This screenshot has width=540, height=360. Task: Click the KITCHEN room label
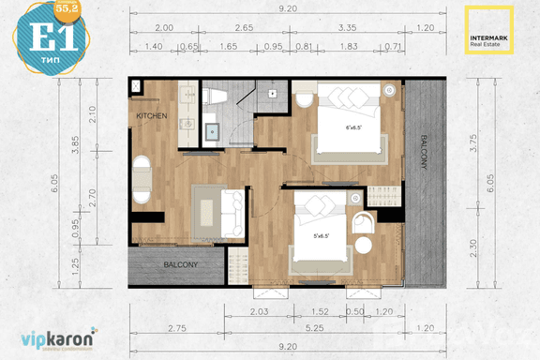point(151,115)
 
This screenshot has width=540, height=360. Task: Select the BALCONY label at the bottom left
point(180,265)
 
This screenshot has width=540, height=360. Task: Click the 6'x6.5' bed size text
point(354,127)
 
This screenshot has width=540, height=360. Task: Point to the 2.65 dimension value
point(245,28)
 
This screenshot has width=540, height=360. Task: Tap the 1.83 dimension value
point(348,46)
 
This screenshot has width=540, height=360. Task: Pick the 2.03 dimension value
point(261,310)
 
